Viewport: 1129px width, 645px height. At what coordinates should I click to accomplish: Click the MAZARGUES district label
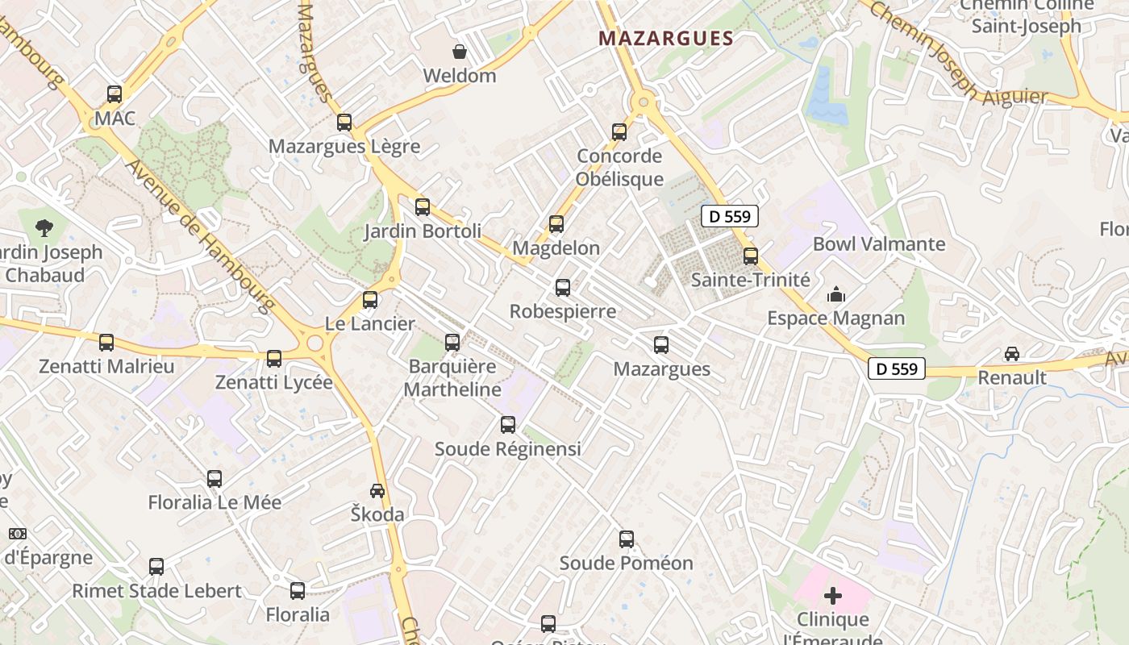(x=667, y=38)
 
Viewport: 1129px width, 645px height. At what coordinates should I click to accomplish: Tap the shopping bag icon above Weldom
(x=460, y=52)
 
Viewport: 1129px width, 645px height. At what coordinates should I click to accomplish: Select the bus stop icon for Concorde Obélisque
(x=619, y=131)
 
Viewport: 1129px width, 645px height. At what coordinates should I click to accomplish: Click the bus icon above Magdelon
(x=556, y=224)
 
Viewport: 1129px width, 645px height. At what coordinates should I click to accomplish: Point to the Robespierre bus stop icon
(x=563, y=287)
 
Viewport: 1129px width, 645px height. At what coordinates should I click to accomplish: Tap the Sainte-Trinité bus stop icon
(x=751, y=256)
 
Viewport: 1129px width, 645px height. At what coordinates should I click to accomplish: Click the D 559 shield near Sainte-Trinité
(x=730, y=216)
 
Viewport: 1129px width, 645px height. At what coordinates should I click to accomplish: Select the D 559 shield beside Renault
(x=897, y=368)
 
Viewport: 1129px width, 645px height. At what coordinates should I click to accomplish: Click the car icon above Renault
(x=1011, y=353)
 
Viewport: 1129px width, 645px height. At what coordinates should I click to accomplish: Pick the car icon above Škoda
(x=377, y=490)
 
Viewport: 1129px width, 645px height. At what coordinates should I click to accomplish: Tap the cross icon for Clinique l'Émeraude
(x=833, y=596)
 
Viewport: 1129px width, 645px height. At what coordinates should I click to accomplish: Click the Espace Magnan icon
(x=836, y=294)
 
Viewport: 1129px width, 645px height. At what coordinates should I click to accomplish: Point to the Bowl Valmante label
(x=879, y=243)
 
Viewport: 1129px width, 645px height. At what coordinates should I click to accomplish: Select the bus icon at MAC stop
(x=115, y=94)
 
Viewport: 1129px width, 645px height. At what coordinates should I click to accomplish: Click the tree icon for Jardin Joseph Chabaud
(x=45, y=228)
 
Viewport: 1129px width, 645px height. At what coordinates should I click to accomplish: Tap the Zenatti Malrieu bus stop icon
(x=106, y=343)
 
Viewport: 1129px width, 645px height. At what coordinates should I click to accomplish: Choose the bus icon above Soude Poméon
(x=627, y=539)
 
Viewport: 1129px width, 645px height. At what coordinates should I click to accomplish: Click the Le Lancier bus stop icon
(x=370, y=300)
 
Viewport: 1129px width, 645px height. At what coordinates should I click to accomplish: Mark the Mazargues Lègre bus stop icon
(x=344, y=123)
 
